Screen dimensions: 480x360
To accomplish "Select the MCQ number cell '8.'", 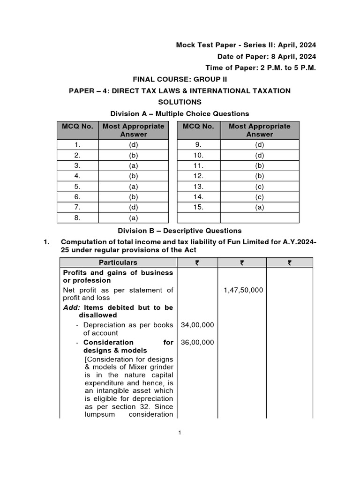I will click(x=77, y=218).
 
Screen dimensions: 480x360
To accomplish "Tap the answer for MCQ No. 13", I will click(x=260, y=187).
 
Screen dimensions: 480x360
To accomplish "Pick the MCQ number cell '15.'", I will click(x=198, y=207).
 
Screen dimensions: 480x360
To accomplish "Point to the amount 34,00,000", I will click(x=197, y=325).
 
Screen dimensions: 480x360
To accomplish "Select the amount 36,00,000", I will click(x=197, y=342).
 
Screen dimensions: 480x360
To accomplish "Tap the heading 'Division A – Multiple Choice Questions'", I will click(x=180, y=113).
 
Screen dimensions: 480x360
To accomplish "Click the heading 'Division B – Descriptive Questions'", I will click(x=180, y=231).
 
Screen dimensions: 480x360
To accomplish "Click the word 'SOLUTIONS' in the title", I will click(x=180, y=102).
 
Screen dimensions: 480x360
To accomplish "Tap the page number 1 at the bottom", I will click(x=180, y=432).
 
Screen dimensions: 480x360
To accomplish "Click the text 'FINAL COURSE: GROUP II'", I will click(x=180, y=79).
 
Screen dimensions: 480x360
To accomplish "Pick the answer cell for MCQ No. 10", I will click(x=260, y=155).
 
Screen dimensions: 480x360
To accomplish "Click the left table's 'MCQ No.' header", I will click(x=77, y=126).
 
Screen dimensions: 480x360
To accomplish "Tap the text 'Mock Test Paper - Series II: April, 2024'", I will click(x=246, y=45).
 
